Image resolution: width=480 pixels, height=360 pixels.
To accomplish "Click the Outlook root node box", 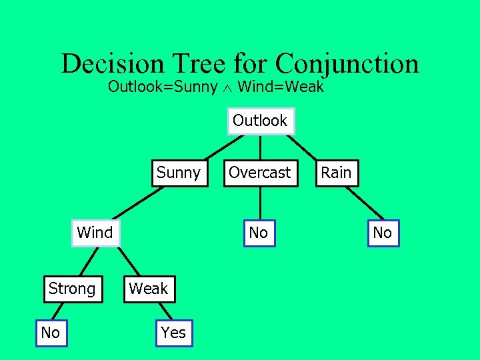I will click(x=260, y=121).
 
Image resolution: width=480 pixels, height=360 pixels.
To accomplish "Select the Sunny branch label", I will click(x=178, y=173).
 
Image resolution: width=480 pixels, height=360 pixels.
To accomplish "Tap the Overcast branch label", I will click(x=260, y=173).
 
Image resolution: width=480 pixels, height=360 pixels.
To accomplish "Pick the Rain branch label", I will click(x=336, y=173).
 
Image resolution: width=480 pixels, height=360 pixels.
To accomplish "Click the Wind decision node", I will click(x=95, y=233).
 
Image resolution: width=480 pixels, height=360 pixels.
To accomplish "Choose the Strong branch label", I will click(x=72, y=289).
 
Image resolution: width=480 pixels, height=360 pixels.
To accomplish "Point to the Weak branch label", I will click(x=149, y=289).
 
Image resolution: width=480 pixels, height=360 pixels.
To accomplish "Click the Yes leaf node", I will click(x=173, y=333).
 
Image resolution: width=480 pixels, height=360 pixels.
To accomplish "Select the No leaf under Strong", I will click(x=51, y=333).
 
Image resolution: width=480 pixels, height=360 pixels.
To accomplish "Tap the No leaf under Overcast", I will click(x=258, y=233).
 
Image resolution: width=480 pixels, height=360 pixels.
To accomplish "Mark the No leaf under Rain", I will click(x=383, y=233).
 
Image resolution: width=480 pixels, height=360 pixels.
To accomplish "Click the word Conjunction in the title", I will click(x=347, y=64).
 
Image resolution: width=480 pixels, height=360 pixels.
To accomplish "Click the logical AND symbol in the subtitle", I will click(x=228, y=87).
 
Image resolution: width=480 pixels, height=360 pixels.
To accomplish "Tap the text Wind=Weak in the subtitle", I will click(x=280, y=87).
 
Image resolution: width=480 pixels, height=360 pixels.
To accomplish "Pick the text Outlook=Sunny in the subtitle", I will click(x=163, y=87).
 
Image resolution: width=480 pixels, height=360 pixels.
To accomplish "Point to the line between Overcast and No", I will click(x=259, y=205).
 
